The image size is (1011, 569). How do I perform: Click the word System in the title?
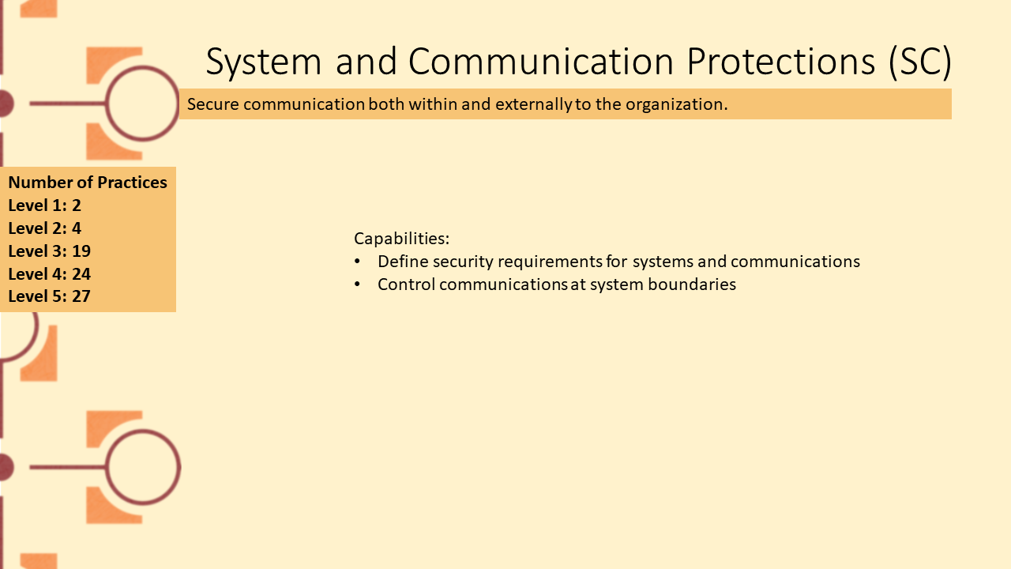[x=264, y=62]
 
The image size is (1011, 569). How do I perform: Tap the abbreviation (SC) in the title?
[x=920, y=62]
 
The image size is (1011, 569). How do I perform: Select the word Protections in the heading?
[x=781, y=61]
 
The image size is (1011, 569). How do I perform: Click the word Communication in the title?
[x=541, y=61]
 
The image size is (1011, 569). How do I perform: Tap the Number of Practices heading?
[x=88, y=183]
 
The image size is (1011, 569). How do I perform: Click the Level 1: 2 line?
[x=45, y=205]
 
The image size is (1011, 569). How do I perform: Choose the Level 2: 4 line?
[x=45, y=228]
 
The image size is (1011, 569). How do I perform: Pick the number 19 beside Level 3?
[x=81, y=251]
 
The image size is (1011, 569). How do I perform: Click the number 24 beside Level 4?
[x=81, y=274]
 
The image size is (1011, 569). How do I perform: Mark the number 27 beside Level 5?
[x=81, y=296]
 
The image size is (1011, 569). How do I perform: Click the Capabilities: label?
[x=402, y=239]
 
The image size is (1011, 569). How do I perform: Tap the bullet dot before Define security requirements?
[x=358, y=261]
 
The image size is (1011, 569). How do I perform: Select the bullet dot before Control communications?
[x=358, y=284]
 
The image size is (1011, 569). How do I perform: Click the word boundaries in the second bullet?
[x=692, y=284]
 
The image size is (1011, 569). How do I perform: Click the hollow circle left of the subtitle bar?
[x=143, y=68]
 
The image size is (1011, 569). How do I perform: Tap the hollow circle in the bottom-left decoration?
[x=143, y=431]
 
